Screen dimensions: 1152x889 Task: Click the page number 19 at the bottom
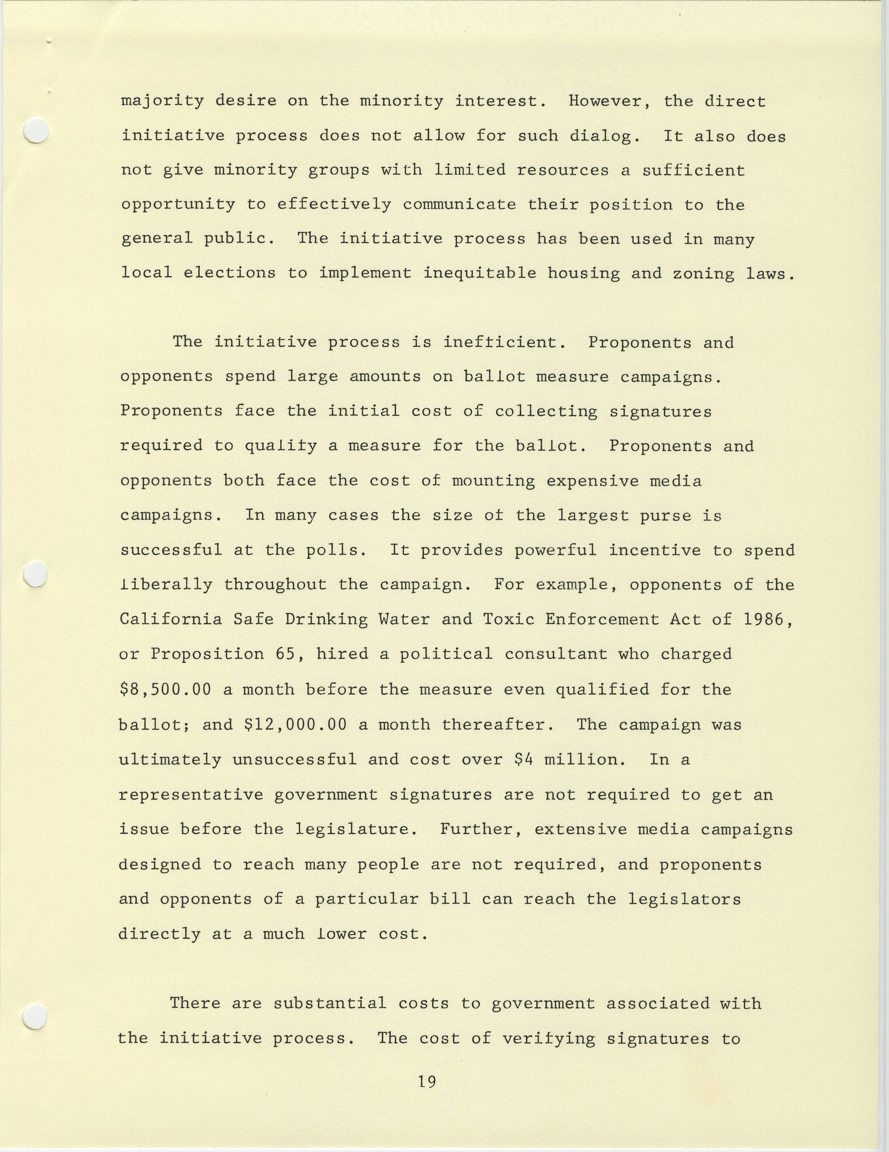point(427,1082)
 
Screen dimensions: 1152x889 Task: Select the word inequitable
point(480,273)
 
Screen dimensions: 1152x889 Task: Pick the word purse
point(666,515)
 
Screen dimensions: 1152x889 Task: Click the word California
point(171,619)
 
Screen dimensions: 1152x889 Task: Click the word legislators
point(684,899)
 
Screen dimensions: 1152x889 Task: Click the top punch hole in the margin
point(36,130)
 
